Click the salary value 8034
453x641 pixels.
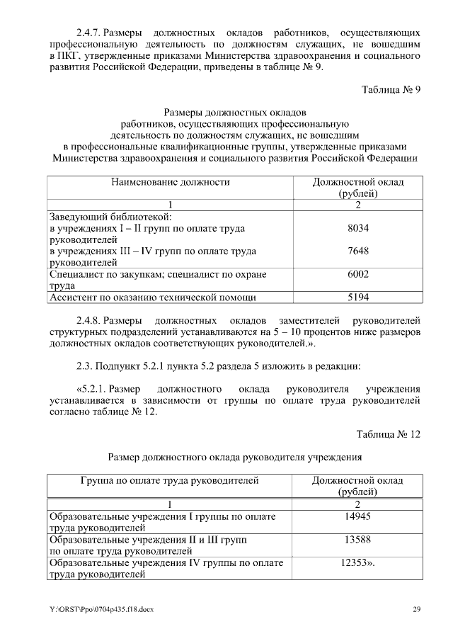point(359,229)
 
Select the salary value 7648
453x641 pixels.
point(359,251)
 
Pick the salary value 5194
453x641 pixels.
point(359,297)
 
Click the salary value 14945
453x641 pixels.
point(358,516)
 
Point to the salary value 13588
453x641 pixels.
point(358,540)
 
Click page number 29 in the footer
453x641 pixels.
point(417,609)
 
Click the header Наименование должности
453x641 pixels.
point(170,183)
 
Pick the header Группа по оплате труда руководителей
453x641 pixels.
point(170,481)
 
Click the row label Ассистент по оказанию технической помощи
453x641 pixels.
point(151,297)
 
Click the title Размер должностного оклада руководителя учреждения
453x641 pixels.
point(234,457)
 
